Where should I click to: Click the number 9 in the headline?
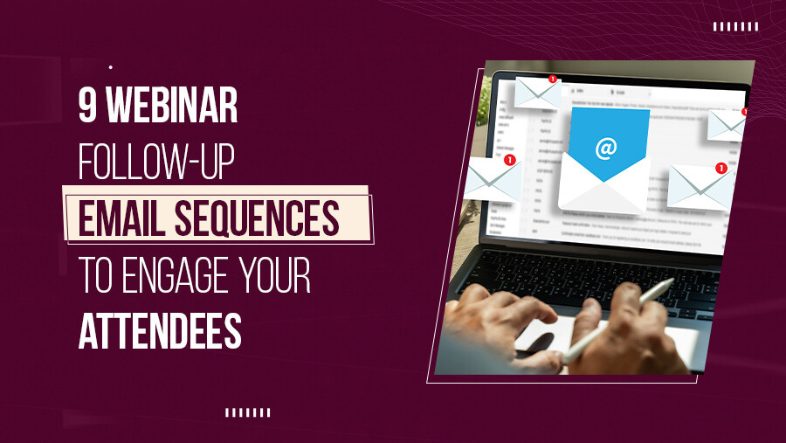(88, 110)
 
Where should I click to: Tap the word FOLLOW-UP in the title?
(156, 163)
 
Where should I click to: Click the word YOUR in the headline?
(272, 274)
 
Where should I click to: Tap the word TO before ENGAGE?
(95, 274)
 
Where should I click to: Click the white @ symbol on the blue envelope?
(606, 148)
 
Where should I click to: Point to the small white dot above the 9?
(110, 66)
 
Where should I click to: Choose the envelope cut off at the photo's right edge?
(727, 124)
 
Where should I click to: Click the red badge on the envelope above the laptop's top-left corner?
(552, 80)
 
